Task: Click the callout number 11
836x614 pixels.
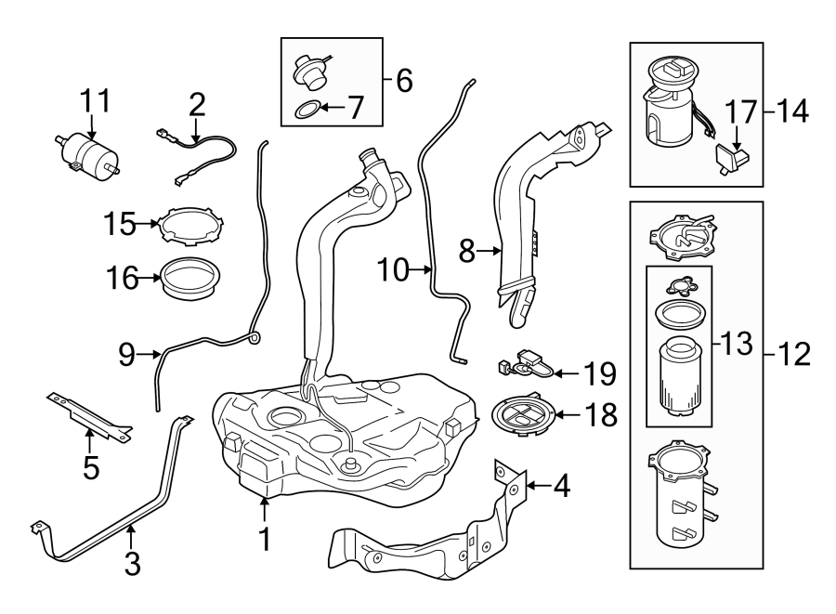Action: [x=93, y=99]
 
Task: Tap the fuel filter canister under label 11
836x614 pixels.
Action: [x=91, y=154]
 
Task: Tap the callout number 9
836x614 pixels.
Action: [x=128, y=354]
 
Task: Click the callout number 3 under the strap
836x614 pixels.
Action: [x=132, y=562]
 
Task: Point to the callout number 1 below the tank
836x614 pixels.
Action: [x=264, y=538]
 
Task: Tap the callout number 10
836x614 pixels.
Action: [x=393, y=270]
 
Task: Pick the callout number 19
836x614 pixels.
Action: [x=600, y=373]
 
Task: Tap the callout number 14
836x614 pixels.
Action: [x=791, y=112]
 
